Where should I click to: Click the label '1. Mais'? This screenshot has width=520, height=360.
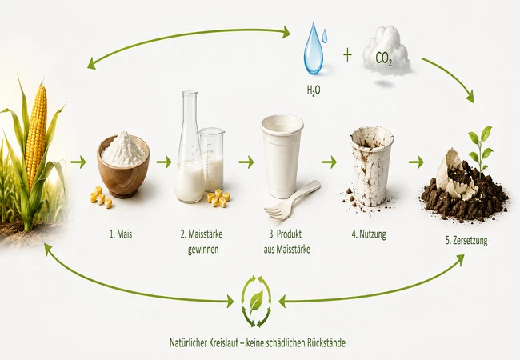point(121,234)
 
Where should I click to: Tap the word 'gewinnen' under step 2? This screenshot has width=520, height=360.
point(203,250)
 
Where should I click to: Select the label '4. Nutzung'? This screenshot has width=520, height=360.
point(369,234)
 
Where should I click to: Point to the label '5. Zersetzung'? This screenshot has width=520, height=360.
point(466,240)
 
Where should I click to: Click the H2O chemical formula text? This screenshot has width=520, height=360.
point(314,90)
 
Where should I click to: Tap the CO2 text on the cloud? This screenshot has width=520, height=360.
point(384,58)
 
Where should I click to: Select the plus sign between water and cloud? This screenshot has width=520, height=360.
point(347,55)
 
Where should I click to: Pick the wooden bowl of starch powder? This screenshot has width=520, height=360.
point(123,166)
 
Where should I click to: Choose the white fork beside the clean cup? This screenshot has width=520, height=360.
point(292,200)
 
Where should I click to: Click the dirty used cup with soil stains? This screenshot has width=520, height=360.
point(370,167)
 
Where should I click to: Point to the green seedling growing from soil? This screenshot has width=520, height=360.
point(481,151)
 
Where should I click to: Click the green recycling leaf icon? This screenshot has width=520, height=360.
point(256,301)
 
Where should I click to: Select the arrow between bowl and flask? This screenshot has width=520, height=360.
point(164,162)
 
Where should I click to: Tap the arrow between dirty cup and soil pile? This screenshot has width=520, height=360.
point(416,162)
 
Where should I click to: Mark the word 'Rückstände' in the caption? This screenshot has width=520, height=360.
point(326,342)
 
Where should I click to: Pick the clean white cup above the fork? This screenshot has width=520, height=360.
point(282,156)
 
